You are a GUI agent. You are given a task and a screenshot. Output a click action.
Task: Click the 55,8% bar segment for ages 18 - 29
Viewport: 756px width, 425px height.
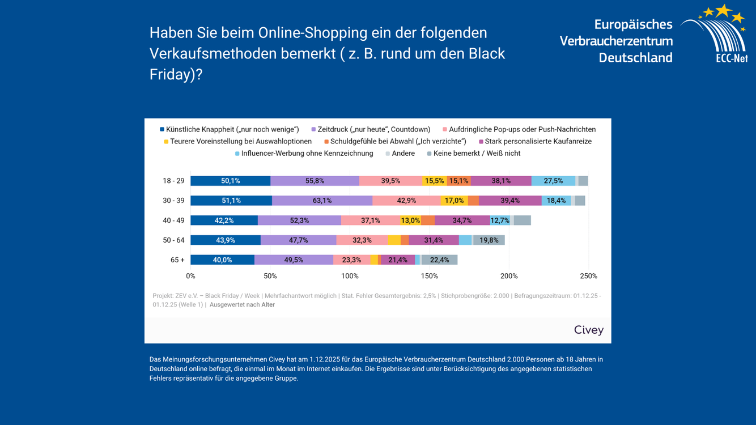[x=315, y=181]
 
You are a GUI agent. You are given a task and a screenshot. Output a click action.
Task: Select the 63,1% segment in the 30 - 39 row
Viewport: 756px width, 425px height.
[x=322, y=201]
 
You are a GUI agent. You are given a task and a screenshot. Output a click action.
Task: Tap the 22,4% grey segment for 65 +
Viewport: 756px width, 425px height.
[x=439, y=260]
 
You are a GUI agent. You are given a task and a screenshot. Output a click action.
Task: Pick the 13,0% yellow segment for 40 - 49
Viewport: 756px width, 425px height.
[x=410, y=220]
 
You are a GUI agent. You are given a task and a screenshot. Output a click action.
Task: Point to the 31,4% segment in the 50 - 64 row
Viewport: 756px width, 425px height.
[x=434, y=240]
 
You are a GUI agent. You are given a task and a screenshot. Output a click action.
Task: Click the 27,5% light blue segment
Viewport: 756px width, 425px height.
[x=553, y=181]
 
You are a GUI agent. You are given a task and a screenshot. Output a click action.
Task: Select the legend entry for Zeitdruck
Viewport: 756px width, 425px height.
[x=373, y=130]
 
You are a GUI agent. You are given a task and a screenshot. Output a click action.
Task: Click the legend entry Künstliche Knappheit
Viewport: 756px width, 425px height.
[x=232, y=130]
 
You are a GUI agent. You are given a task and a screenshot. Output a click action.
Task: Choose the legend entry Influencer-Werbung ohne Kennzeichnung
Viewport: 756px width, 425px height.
[x=307, y=154]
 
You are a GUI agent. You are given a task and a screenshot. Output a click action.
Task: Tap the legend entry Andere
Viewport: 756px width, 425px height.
[x=403, y=154]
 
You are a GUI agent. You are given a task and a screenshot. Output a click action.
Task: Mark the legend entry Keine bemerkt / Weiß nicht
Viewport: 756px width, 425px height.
[x=477, y=154]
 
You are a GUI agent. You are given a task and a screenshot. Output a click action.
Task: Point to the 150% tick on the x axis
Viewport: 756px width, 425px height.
[x=429, y=276]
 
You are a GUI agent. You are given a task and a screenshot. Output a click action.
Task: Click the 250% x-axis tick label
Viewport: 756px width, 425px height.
[x=588, y=276]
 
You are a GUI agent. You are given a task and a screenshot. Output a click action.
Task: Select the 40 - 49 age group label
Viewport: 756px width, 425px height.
[x=173, y=220]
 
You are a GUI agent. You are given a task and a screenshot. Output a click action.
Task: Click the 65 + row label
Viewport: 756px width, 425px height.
[x=177, y=260]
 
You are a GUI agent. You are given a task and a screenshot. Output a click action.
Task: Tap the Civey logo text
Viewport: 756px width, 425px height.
[x=588, y=330]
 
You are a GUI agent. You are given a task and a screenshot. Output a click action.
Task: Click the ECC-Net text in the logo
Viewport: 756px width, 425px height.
[x=731, y=58]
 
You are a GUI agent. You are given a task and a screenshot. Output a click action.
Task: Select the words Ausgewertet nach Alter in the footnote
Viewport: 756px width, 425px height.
[x=242, y=305]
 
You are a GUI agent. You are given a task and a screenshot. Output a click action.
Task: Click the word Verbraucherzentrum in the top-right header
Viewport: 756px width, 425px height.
[x=616, y=41]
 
